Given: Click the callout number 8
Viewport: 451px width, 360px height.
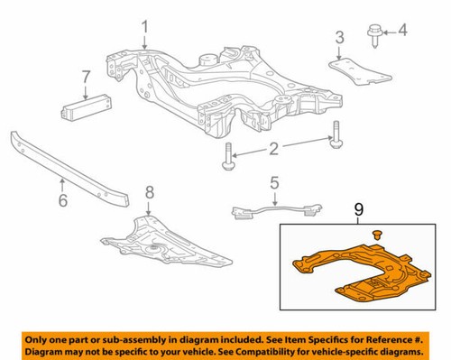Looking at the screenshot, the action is [x=151, y=191].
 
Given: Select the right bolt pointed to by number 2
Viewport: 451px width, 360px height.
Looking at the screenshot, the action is [x=336, y=134].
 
